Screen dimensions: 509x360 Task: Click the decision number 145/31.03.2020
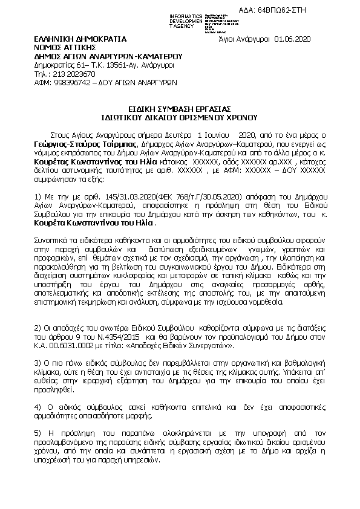111,197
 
